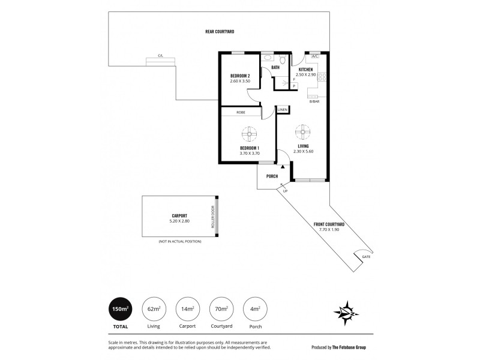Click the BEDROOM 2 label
[x=240, y=75]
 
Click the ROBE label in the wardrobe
[x=241, y=112]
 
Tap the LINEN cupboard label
[x=283, y=110]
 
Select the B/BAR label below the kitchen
[x=314, y=101]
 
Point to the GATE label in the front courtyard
[x=367, y=257]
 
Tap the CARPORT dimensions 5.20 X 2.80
[x=179, y=221]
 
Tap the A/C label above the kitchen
[x=314, y=56]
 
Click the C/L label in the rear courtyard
[x=161, y=56]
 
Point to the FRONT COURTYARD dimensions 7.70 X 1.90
[x=328, y=229]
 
